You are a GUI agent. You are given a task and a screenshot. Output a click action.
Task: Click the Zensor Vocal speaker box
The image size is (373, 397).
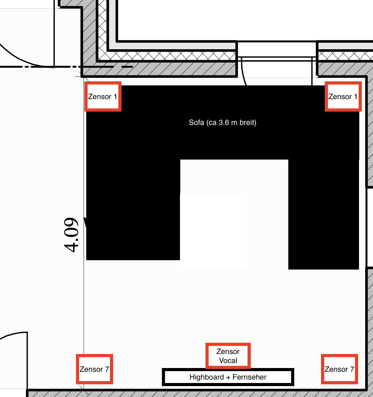[228, 356]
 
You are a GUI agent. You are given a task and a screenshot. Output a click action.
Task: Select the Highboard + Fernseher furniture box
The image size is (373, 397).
[228, 377]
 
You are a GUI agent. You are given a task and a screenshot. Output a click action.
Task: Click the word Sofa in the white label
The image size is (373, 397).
[196, 122]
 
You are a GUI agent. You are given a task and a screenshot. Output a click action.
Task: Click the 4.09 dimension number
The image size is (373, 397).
[71, 235]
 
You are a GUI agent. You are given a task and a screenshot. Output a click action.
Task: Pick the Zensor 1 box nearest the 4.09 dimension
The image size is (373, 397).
[103, 96]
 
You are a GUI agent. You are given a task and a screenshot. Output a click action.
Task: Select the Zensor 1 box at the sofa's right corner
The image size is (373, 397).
[343, 96]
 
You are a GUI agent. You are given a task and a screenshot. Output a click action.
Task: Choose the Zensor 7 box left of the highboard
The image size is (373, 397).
[95, 369]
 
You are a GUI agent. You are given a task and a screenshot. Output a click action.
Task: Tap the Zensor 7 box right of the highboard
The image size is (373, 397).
[339, 369]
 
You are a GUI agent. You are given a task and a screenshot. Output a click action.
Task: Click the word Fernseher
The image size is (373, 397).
[249, 377]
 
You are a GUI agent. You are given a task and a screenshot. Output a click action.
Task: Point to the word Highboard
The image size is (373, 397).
[206, 377]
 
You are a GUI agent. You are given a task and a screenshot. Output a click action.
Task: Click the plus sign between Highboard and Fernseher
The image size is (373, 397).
[228, 377]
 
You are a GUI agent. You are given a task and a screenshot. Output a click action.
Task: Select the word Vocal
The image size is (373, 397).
[228, 361]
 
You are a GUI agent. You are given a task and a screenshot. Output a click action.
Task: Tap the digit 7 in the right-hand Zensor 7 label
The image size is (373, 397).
[352, 369]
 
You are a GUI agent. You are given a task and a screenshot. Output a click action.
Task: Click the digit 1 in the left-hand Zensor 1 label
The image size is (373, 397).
[115, 97]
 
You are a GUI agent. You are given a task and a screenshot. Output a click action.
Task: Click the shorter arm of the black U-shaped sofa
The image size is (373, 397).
[133, 210]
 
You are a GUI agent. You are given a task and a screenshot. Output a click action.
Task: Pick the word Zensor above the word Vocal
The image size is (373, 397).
[228, 352]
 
